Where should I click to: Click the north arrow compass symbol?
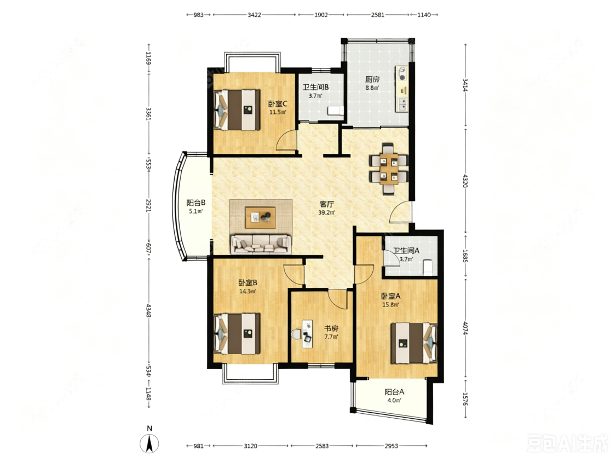tap(149, 444)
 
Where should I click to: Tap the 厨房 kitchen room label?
tap(372, 79)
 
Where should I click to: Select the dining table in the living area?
tap(389, 169)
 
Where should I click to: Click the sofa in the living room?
tap(261, 244)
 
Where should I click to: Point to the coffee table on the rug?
tap(260, 217)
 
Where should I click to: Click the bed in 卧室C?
tap(237, 110)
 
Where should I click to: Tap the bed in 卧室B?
tap(237, 333)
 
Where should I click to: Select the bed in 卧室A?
tap(414, 343)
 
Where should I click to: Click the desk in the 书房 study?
tap(307, 333)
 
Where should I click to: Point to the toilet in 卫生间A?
tap(428, 267)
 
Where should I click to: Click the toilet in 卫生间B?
tap(336, 111)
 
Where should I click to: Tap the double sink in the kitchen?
tap(402, 104)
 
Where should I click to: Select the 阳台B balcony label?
tap(196, 203)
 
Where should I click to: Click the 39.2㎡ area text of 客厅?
tap(326, 213)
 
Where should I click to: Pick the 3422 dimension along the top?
tap(254, 15)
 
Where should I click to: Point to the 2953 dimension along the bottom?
tap(392, 446)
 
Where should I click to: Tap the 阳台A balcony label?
tap(394, 392)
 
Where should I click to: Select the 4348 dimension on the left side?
tap(148, 310)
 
